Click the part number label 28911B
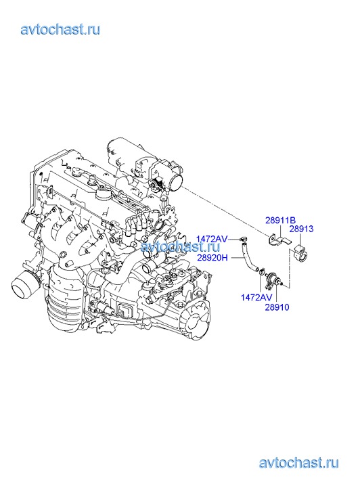click(x=280, y=220)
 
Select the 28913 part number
click(x=301, y=229)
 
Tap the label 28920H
click(x=212, y=258)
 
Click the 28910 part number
click(x=277, y=307)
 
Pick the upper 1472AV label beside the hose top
click(x=212, y=239)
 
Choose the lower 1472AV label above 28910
click(x=256, y=297)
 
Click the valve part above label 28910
click(x=272, y=279)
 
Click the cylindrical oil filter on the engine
click(x=25, y=284)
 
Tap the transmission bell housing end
click(x=197, y=323)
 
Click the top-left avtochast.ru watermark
click(x=61, y=30)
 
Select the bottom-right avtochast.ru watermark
click(x=299, y=463)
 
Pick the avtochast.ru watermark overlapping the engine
click(x=181, y=246)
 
